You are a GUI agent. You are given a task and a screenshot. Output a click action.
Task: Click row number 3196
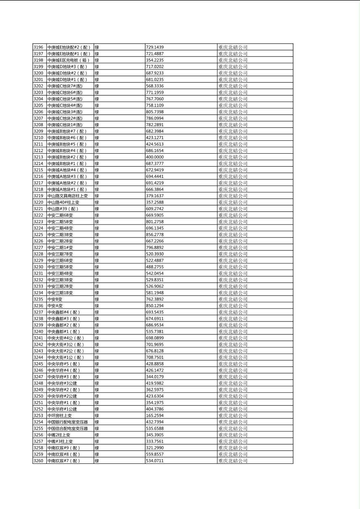click(38, 47)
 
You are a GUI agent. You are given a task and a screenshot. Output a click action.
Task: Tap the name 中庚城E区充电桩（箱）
click(68, 60)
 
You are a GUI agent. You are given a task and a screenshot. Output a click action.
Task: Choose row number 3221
click(38, 209)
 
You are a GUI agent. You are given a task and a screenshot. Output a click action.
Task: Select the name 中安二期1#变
click(60, 247)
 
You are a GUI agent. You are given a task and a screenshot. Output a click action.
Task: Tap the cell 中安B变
click(55, 299)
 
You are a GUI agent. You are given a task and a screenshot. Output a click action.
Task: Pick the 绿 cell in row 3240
click(97, 332)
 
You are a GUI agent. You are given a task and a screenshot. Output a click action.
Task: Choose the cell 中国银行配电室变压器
click(67, 422)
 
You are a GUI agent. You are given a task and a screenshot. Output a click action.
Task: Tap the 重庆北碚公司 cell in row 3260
click(233, 461)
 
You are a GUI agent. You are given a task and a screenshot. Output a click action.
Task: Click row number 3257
click(38, 441)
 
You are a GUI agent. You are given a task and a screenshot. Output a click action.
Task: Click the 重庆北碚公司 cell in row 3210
click(233, 138)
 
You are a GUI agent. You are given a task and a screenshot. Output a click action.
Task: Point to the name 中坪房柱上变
click(59, 415)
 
